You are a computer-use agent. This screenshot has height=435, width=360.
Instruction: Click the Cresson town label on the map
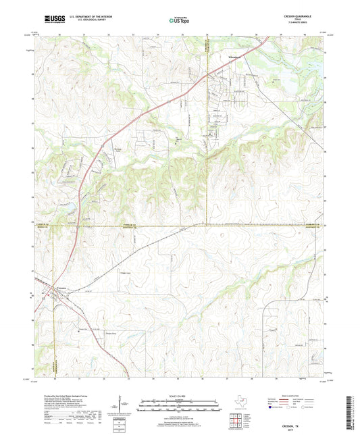coord(58,288)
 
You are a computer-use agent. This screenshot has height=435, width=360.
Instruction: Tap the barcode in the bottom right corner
coord(353,413)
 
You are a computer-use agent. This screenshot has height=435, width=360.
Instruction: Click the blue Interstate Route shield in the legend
coord(272,409)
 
